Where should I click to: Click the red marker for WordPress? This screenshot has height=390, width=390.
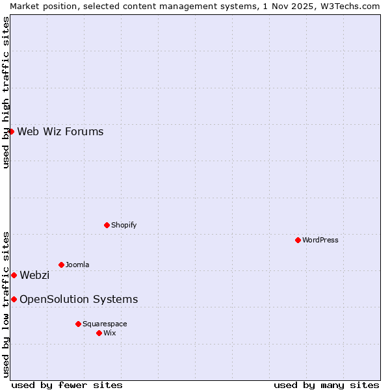pyautogui.click(x=298, y=240)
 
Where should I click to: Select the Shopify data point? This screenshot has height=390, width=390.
pyautogui.click(x=107, y=225)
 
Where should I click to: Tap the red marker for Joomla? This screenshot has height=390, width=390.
pyautogui.click(x=61, y=265)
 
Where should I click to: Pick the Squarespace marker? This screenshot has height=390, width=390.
pyautogui.click(x=78, y=324)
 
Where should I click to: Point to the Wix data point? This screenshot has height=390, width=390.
pyautogui.click(x=99, y=333)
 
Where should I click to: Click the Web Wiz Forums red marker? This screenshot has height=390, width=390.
pyautogui.click(x=11, y=131)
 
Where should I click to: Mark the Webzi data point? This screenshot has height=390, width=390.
pyautogui.click(x=14, y=275)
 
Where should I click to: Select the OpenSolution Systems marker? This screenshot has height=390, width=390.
pyautogui.click(x=14, y=299)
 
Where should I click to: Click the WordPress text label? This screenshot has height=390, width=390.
pyautogui.click(x=320, y=240)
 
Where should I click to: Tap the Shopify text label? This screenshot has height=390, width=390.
pyautogui.click(x=123, y=225)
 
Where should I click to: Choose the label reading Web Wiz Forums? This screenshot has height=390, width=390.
pyautogui.click(x=60, y=132)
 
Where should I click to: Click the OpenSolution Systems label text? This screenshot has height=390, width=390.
pyautogui.click(x=79, y=300)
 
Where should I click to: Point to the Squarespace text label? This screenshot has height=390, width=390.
pyautogui.click(x=105, y=324)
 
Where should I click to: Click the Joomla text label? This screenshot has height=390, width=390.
pyautogui.click(x=77, y=265)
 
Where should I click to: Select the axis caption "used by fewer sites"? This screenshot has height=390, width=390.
pyautogui.click(x=67, y=385)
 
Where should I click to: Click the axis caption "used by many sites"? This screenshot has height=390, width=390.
pyautogui.click(x=326, y=385)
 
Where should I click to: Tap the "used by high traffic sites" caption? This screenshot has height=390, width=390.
pyautogui.click(x=6, y=92)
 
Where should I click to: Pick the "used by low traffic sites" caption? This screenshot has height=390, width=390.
pyautogui.click(x=6, y=304)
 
